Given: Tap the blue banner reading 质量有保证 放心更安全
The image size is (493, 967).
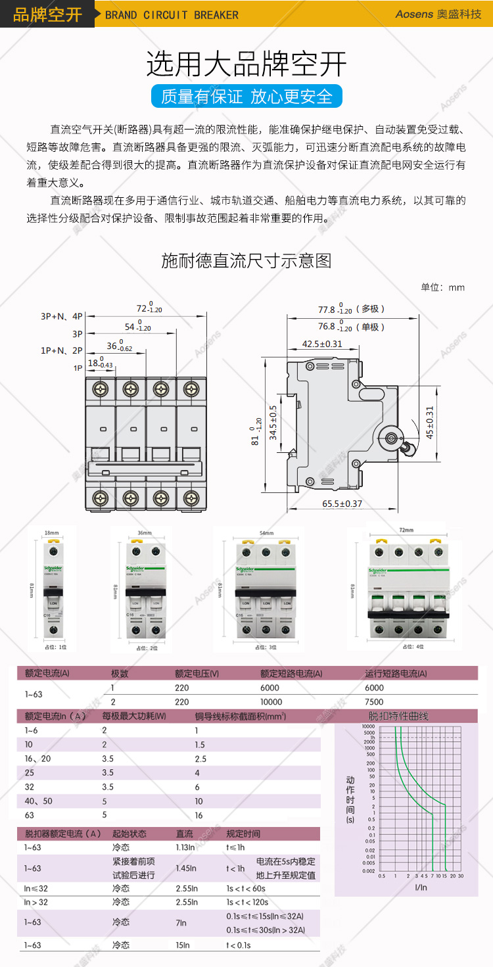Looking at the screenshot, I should pyautogui.click(x=246, y=97).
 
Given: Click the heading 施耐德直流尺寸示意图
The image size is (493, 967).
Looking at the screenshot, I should pyautogui.click(x=246, y=261).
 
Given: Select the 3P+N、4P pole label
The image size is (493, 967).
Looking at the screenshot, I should pyautogui.click(x=62, y=316).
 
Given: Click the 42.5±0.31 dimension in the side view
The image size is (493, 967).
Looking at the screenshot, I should pyautogui.click(x=322, y=344).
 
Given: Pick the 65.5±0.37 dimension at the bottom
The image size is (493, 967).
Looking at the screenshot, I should pyautogui.click(x=342, y=504).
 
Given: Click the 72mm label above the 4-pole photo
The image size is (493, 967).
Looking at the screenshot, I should pyautogui.click(x=407, y=530).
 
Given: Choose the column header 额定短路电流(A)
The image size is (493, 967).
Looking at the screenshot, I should pyautogui.click(x=291, y=673).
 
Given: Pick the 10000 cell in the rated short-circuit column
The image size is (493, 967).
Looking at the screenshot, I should pyautogui.click(x=271, y=701).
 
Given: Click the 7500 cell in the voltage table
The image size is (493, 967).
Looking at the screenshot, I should pyautogui.click(x=374, y=701).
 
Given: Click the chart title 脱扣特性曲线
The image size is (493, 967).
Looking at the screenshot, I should pyautogui.click(x=398, y=716).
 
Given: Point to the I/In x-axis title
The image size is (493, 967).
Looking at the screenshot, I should pyautogui.click(x=421, y=887).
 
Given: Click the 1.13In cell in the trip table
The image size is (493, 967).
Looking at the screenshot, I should pyautogui.click(x=186, y=847).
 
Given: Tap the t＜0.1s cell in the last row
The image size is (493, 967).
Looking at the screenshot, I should pyautogui.click(x=239, y=945).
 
